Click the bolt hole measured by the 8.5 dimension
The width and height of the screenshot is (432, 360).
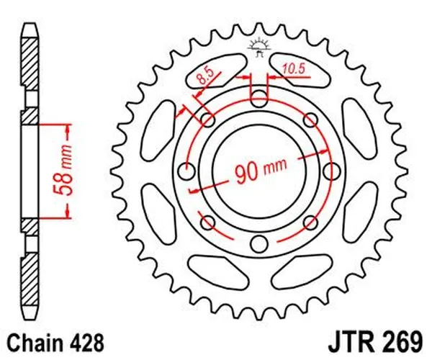tap(207, 119)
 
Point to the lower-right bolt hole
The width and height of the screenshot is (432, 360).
tap(311, 222)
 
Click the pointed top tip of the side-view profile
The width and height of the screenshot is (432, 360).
tap(29, 23)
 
